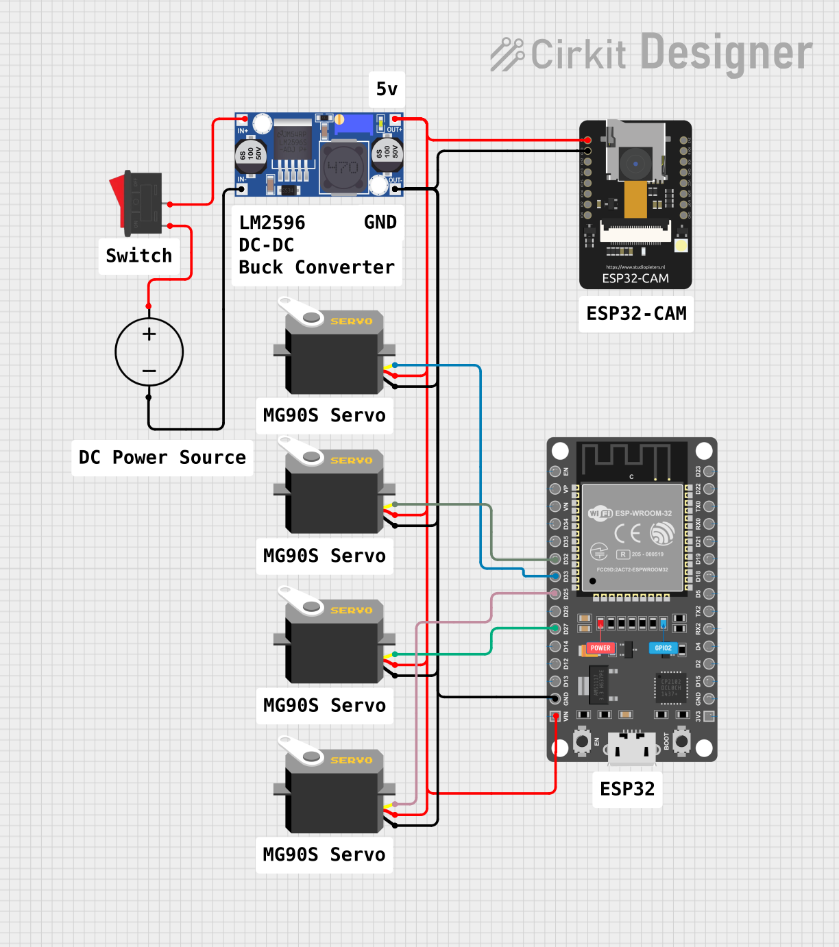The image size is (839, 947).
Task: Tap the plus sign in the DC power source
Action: point(149,334)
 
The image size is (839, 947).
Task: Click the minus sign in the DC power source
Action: point(149,371)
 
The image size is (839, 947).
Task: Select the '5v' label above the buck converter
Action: point(387,89)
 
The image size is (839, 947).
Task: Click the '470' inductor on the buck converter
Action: point(342,167)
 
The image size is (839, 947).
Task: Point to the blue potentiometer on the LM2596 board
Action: point(352,125)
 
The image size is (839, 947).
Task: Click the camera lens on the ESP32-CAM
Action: point(635,163)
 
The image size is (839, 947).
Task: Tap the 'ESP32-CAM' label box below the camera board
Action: point(636,314)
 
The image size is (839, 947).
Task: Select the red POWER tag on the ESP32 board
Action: point(600,648)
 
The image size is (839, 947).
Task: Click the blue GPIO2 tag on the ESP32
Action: point(663,648)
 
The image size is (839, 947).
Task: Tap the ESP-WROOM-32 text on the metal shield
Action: point(643,513)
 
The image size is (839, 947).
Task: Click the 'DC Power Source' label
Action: point(162,458)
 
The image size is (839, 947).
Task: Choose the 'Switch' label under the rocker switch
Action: point(139,256)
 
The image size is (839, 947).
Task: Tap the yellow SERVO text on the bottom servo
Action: point(352,760)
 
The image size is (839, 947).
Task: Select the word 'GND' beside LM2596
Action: point(380,223)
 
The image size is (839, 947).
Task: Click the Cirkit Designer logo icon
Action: point(507,54)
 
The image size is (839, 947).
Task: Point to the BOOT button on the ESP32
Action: point(681,741)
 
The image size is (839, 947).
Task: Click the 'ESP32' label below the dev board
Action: point(627,789)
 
